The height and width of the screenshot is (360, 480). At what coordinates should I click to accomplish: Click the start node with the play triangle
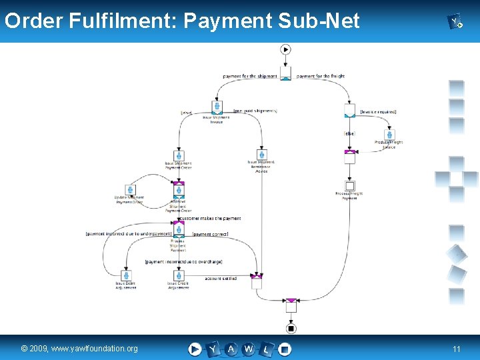[286, 49]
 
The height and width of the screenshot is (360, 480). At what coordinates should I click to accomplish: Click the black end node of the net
[291, 328]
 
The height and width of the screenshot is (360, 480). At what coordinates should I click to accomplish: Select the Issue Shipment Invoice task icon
[217, 107]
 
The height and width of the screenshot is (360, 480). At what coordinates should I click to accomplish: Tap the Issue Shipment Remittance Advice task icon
[261, 154]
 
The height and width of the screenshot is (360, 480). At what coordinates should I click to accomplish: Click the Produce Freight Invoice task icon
[389, 135]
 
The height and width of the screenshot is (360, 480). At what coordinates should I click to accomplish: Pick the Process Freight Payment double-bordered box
[350, 186]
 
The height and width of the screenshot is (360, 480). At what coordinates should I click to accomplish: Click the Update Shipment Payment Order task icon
[129, 191]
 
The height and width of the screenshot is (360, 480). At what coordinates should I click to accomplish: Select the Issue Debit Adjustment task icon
[125, 275]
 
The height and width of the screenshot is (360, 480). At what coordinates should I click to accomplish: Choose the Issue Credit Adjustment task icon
[178, 275]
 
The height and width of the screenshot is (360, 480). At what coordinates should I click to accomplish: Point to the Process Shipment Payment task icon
[178, 231]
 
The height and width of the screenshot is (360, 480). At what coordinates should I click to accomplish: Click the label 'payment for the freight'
[321, 77]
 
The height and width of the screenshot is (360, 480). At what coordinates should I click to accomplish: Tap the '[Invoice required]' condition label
[378, 112]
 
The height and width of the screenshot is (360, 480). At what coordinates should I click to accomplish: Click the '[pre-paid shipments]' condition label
[255, 111]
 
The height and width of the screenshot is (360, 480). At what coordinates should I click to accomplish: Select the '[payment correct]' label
[211, 235]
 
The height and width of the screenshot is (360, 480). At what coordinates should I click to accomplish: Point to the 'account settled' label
[221, 279]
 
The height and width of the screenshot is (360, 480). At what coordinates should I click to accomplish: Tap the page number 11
[457, 349]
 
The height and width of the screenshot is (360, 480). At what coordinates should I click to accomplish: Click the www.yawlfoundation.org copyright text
[79, 349]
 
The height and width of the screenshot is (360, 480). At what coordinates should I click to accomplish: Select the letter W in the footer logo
[249, 349]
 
